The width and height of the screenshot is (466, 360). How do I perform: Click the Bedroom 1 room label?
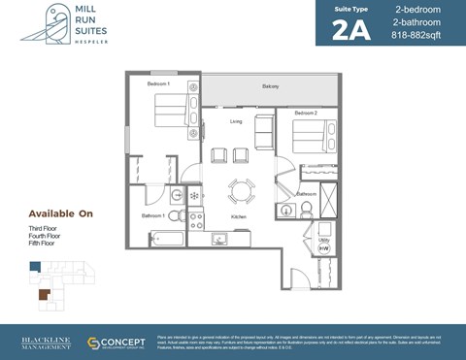click(x=158, y=84)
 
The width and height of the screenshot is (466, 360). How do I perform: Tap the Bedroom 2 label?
click(x=306, y=114)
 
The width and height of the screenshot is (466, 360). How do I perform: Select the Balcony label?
click(x=270, y=87)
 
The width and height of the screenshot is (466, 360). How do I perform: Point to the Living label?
click(x=236, y=121)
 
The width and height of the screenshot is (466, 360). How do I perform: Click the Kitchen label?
click(x=238, y=216)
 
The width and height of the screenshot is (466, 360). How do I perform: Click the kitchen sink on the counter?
click(x=219, y=238)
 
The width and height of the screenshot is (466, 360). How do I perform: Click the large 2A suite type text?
click(x=352, y=32)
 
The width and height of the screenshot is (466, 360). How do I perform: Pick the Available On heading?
click(x=59, y=213)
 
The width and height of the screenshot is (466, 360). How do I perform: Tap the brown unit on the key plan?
click(x=43, y=292)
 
